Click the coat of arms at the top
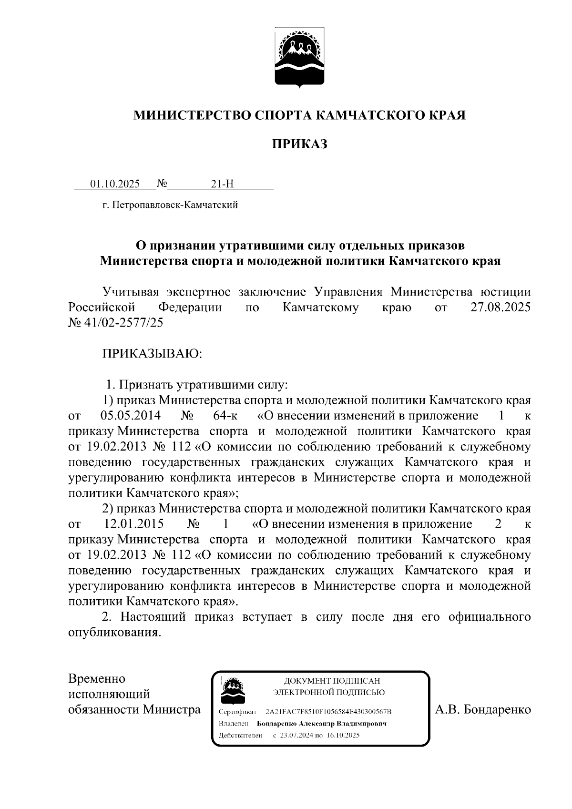click(299, 58)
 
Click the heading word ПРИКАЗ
click(300, 144)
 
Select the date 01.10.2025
click(115, 184)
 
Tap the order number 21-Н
click(222, 184)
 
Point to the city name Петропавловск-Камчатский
click(174, 205)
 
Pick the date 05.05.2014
click(130, 416)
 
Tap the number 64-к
click(225, 416)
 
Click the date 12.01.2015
click(134, 524)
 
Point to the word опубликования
click(114, 633)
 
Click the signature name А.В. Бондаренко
click(483, 710)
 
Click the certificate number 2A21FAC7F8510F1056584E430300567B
click(328, 712)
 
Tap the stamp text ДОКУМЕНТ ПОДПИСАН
click(332, 681)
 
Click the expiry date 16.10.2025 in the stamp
click(343, 735)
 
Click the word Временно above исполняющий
click(97, 678)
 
